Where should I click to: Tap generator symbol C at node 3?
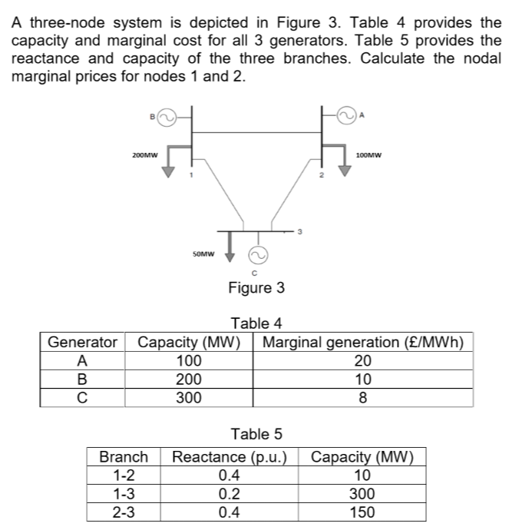(x=259, y=254)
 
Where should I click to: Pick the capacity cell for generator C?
(x=189, y=397)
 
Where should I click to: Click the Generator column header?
(x=82, y=342)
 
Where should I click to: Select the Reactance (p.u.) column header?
(x=230, y=458)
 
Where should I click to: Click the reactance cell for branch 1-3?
(x=230, y=494)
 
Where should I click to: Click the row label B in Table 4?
(x=82, y=379)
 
